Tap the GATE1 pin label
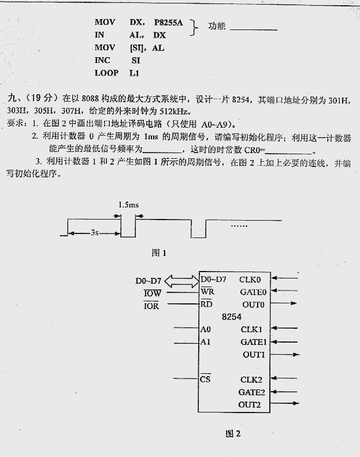[x=253, y=342]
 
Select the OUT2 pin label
[x=250, y=404]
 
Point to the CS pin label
[x=205, y=379]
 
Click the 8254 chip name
[x=231, y=317]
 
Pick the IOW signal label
[x=152, y=293]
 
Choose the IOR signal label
[x=151, y=306]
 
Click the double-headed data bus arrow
[x=181, y=281]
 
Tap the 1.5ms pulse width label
[x=128, y=205]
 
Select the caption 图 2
[x=232, y=434]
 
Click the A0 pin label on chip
[x=206, y=329]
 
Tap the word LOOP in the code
[x=106, y=73]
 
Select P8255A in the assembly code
[x=168, y=23]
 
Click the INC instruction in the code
[x=102, y=60]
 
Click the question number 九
[x=13, y=99]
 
